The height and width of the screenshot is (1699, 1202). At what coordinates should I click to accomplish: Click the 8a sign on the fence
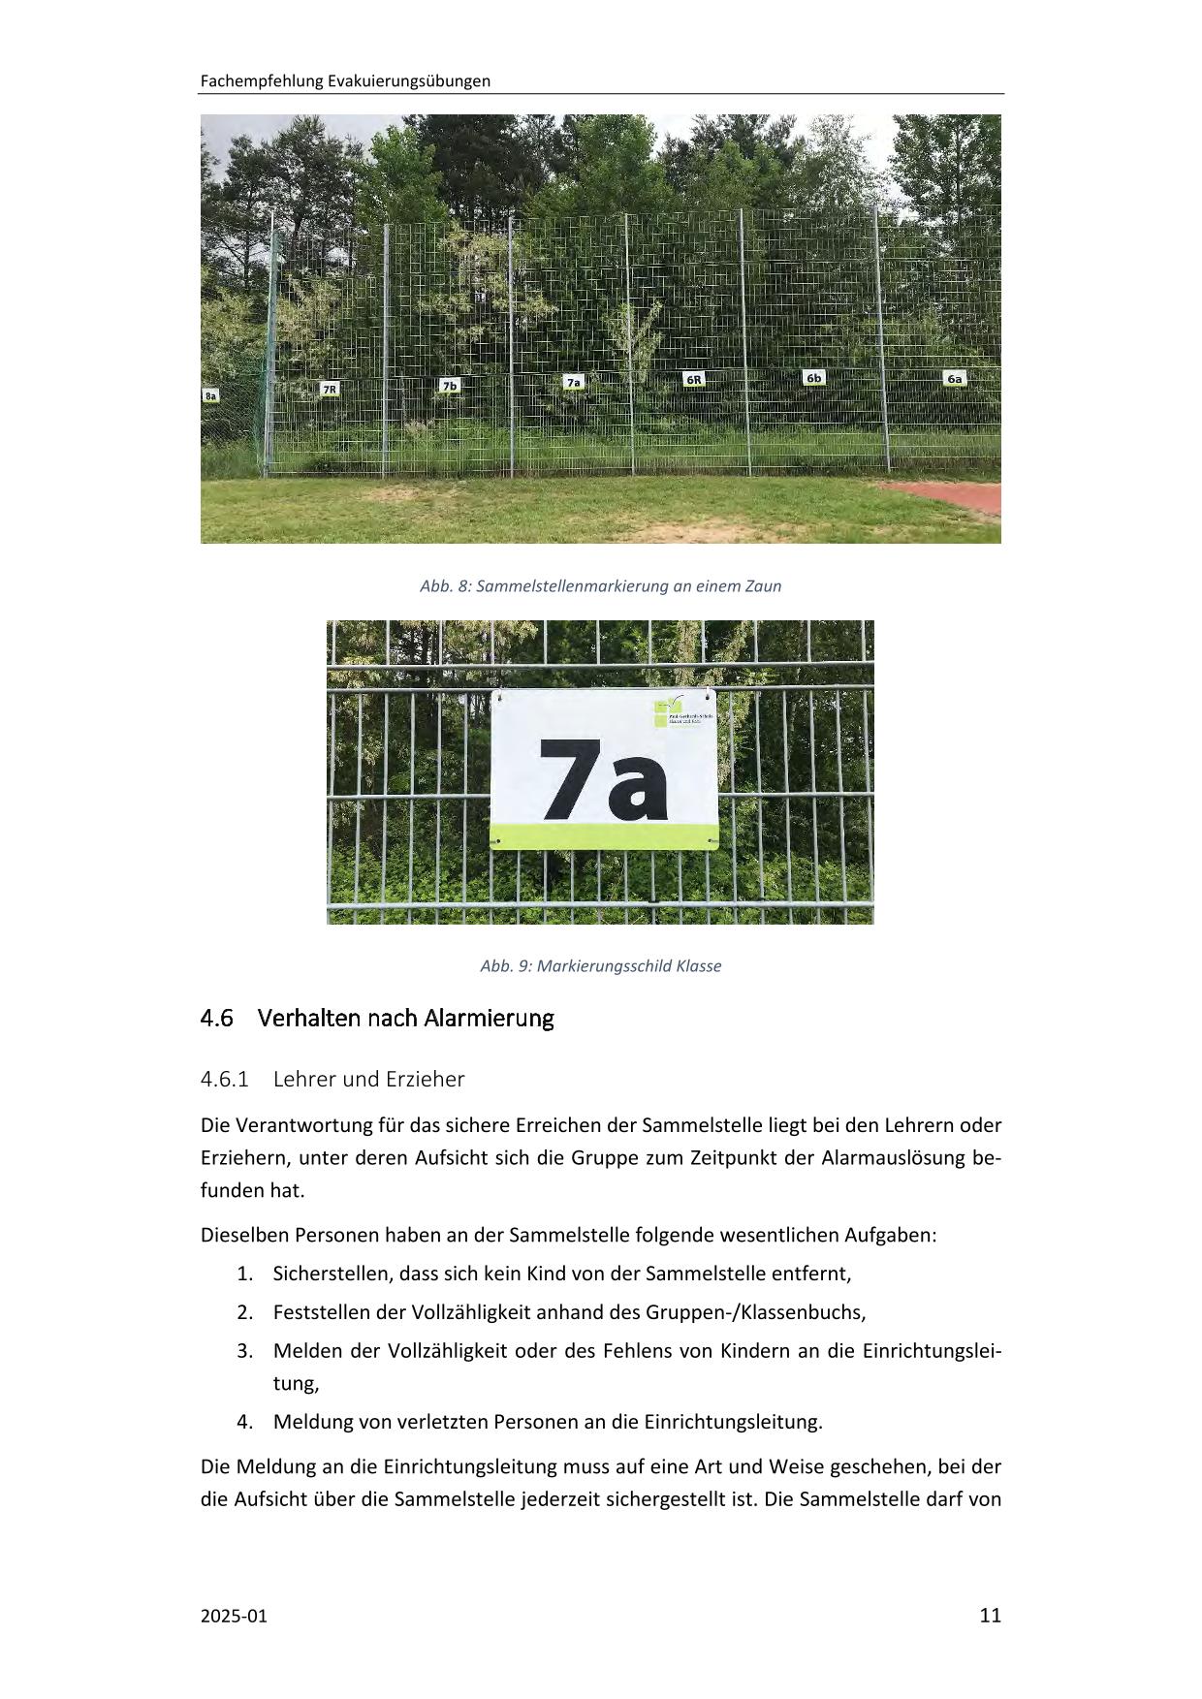[x=210, y=395]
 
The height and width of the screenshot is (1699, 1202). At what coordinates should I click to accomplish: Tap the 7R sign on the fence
[x=330, y=389]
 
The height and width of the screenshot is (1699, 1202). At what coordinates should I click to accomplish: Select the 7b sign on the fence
[x=449, y=385]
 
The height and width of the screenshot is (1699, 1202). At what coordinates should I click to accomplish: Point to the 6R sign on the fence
[x=694, y=379]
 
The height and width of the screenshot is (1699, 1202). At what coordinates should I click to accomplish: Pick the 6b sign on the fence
[x=814, y=377]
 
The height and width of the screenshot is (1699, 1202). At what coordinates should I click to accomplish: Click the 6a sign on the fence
[x=955, y=378]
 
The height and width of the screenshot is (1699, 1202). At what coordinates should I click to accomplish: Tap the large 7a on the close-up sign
[x=604, y=778]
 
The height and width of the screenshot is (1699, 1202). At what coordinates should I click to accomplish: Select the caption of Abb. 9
[x=600, y=966]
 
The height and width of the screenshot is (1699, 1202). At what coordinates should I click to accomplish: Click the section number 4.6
[x=217, y=1019]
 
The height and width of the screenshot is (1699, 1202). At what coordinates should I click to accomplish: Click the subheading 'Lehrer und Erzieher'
[x=368, y=1079]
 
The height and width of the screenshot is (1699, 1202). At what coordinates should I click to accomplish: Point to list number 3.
[x=244, y=1350]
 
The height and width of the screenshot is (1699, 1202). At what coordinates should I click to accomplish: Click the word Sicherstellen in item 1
[x=332, y=1274]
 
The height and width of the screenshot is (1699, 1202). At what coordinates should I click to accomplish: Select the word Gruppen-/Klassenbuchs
[x=754, y=1312]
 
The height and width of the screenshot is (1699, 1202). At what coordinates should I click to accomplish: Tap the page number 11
[x=990, y=1615]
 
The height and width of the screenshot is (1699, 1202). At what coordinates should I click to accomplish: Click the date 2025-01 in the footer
[x=233, y=1616]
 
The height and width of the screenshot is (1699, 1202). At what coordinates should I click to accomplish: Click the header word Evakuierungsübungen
[x=409, y=81]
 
